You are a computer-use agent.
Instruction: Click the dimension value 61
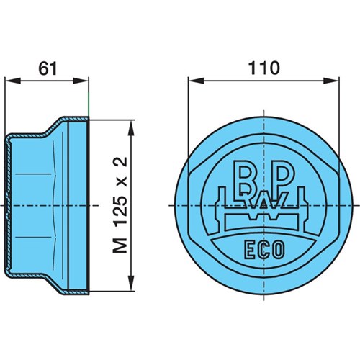point(48,68)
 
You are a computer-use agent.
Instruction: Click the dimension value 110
point(264,68)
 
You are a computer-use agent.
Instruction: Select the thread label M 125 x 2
point(120,204)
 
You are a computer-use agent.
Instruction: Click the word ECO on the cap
point(264,250)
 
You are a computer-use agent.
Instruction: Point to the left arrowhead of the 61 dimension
point(12,81)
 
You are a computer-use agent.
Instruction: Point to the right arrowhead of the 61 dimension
point(81,81)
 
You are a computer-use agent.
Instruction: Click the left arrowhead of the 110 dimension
point(197,81)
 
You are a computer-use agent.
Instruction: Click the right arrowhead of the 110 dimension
point(331,81)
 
